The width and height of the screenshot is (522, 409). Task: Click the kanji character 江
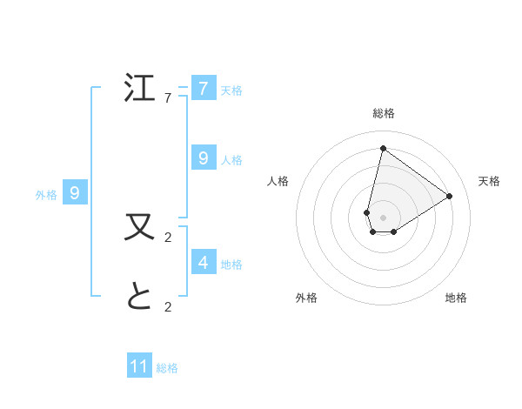coord(141,88)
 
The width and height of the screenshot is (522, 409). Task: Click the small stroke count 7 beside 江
coord(168,98)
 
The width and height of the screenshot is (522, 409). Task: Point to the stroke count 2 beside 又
coord(168,237)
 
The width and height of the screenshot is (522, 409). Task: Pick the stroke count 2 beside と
coord(168,306)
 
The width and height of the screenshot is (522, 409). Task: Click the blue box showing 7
coord(204,88)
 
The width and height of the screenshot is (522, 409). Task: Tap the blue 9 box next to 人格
coord(204,158)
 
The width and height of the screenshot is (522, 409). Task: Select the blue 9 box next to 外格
coord(75,193)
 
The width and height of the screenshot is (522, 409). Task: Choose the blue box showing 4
coord(204,262)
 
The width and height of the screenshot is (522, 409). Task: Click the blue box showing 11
coord(139,366)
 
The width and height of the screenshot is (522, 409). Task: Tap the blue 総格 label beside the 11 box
coord(167,368)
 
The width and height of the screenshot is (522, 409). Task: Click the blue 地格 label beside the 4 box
coord(231,265)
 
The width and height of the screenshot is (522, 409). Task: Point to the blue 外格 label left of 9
coord(46,196)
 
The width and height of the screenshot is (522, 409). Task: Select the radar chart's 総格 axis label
coord(383,113)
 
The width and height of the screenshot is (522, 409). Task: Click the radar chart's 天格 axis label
coord(489,181)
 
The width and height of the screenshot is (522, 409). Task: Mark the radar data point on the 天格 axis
coord(449,196)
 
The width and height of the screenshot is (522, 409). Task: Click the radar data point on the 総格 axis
coord(383,148)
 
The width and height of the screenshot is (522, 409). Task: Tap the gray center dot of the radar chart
coord(383,217)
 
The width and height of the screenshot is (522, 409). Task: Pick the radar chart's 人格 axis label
coord(278,181)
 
